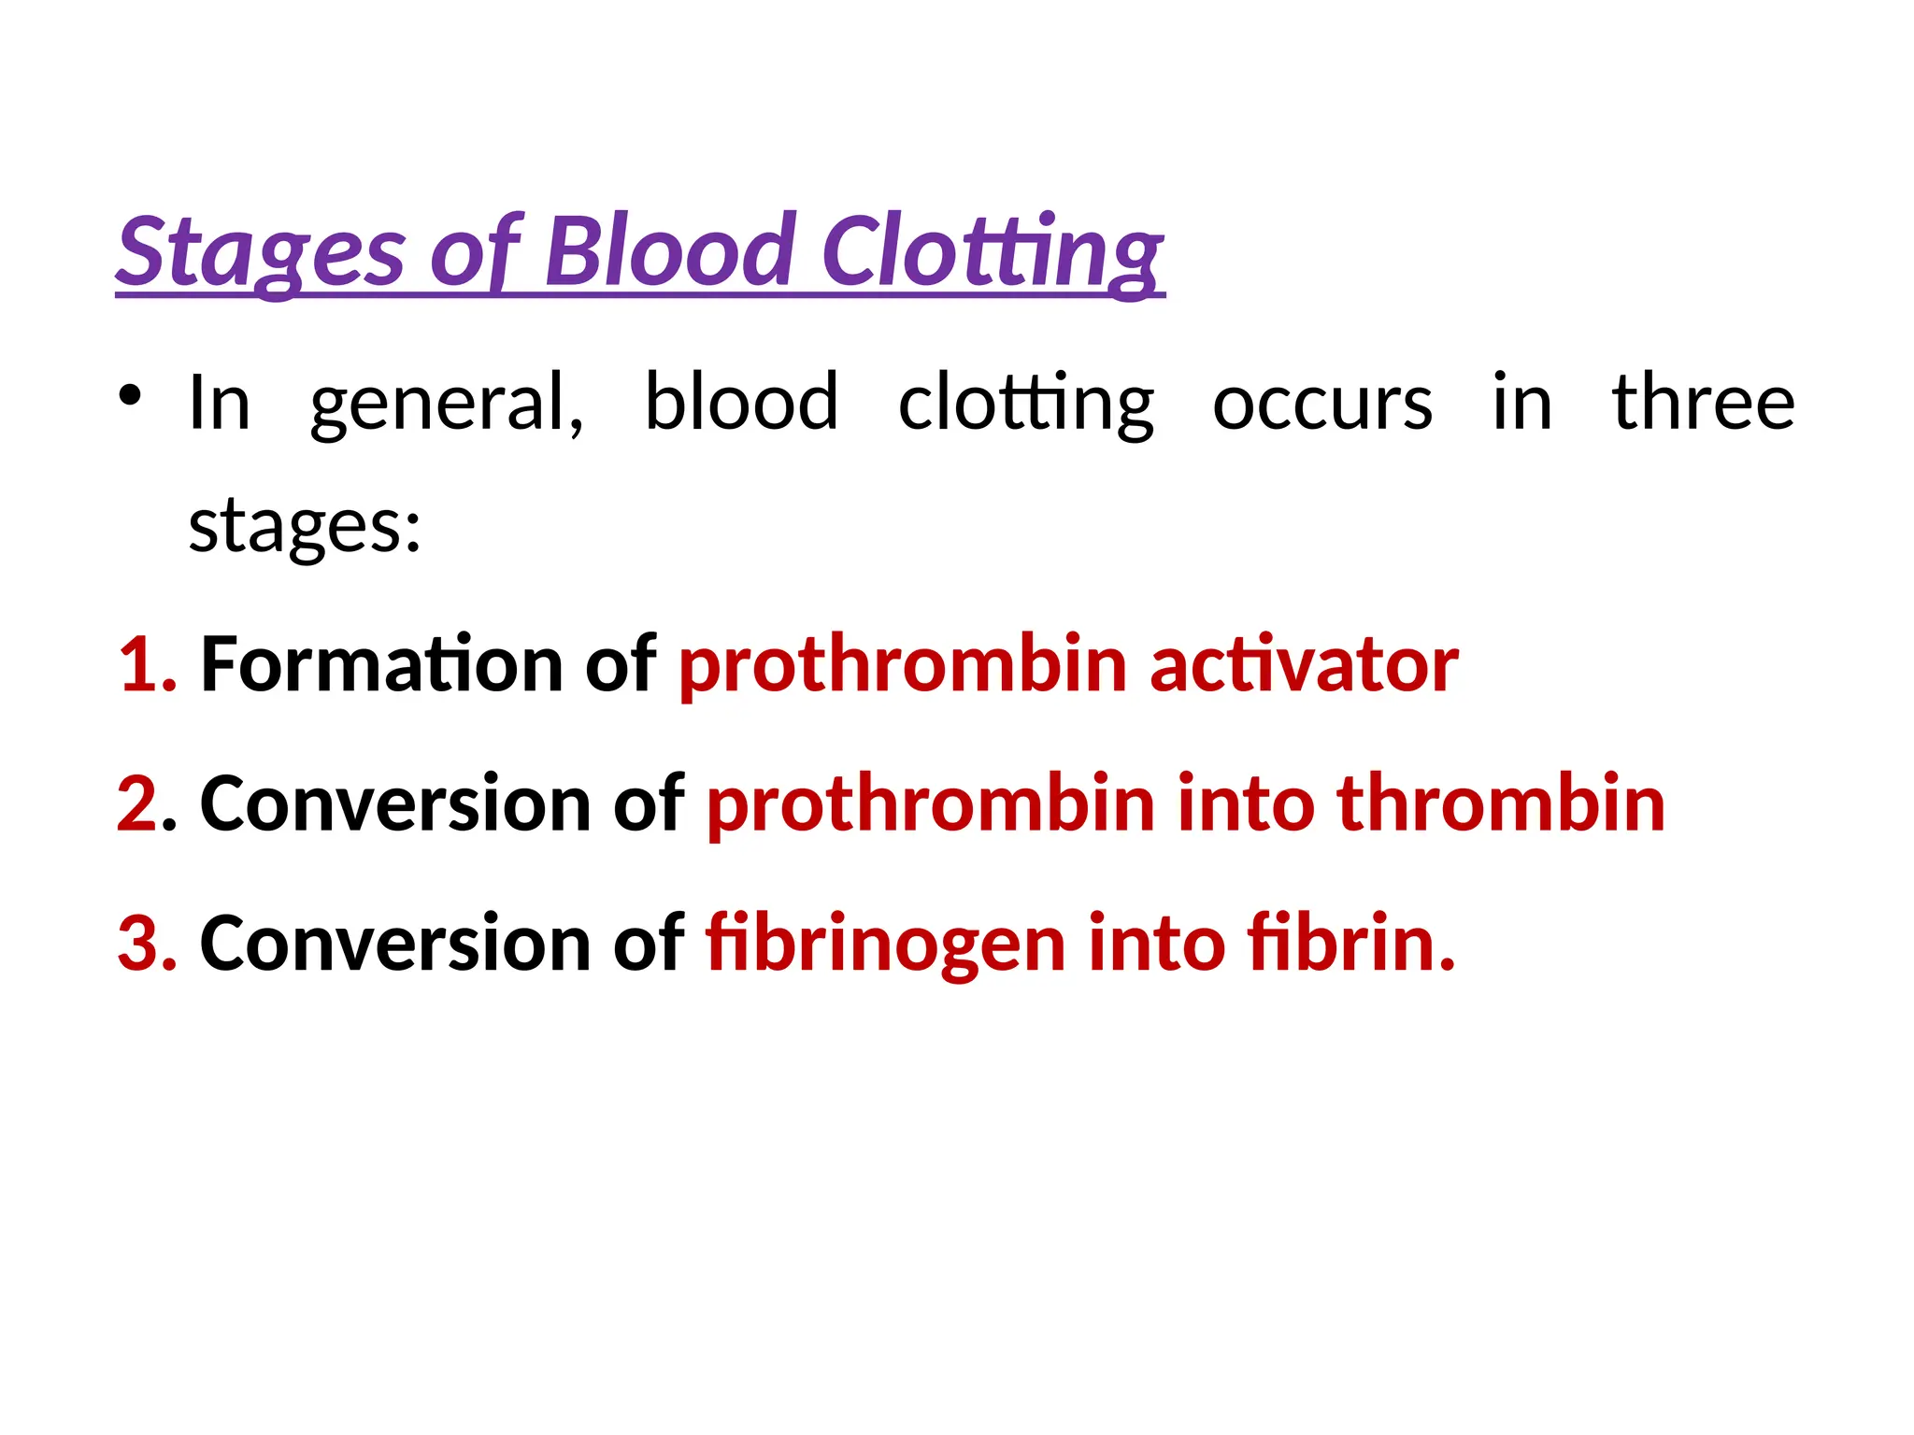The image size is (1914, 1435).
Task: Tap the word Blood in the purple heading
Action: pos(670,250)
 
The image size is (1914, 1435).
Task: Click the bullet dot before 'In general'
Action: pos(130,396)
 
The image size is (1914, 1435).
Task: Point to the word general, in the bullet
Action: pos(447,404)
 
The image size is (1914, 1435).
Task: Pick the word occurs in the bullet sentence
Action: pos(1322,404)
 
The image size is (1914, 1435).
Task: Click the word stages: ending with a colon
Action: pos(305,527)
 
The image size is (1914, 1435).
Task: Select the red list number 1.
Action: pos(146,664)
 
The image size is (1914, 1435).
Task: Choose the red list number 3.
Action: pos(146,943)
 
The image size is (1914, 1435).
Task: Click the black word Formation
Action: pos(381,664)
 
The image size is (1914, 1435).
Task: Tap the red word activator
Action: pos(1304,664)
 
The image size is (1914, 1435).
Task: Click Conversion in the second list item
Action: pos(395,803)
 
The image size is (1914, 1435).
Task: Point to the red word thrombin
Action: pos(1501,803)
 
